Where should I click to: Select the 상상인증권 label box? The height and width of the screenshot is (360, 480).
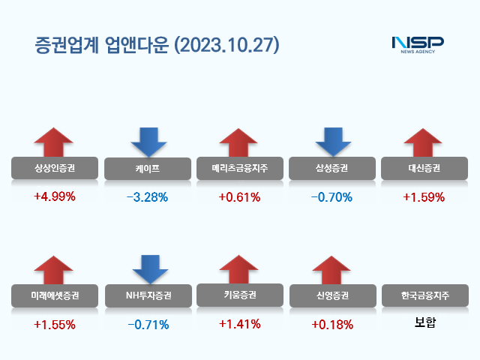point(55,169)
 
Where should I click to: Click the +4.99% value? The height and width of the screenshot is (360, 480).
point(55,198)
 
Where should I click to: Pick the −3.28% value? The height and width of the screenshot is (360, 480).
point(148,198)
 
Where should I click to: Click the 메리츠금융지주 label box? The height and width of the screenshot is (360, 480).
point(239,169)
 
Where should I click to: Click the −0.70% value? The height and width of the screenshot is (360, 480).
point(332,198)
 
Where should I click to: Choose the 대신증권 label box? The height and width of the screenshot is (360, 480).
point(424,169)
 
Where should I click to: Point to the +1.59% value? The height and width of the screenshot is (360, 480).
point(424,198)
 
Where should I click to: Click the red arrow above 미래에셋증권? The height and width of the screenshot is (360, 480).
point(55,269)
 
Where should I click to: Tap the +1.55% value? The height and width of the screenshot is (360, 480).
point(55,325)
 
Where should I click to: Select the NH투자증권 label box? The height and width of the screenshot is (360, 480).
point(148,295)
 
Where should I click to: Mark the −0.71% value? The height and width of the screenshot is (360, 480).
point(148,325)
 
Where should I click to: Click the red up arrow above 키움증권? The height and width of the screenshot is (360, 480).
point(239,269)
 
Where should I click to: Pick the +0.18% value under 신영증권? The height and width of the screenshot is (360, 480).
point(332,325)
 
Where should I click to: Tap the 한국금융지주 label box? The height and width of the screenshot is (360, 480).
point(424,295)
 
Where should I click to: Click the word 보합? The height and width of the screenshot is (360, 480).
point(424,324)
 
